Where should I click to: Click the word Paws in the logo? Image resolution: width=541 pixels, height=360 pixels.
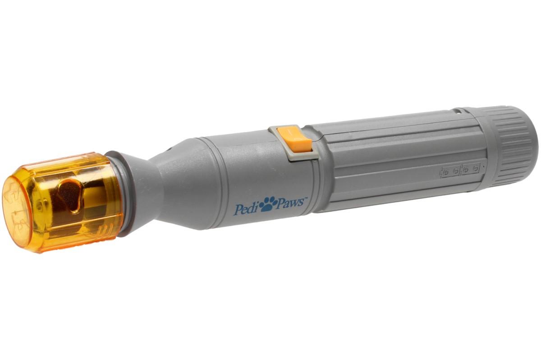290,203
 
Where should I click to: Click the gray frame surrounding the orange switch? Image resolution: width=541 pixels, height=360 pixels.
293,142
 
